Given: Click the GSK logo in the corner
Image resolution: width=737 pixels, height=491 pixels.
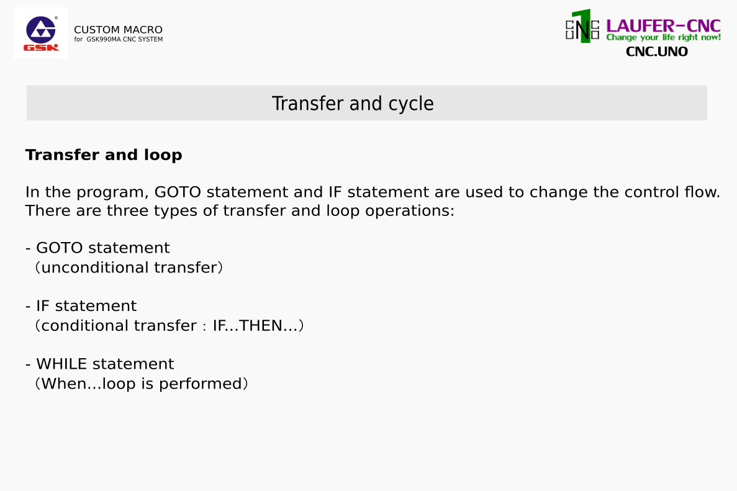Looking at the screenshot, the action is click(41, 33).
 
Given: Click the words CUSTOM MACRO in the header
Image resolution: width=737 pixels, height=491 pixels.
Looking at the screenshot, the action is click(118, 30).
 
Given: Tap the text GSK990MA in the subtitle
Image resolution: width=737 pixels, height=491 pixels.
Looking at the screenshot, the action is click(104, 40).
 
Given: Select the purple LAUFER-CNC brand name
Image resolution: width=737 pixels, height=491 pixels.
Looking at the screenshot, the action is click(663, 26).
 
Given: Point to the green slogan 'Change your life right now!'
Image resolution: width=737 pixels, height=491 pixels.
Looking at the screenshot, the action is click(663, 38).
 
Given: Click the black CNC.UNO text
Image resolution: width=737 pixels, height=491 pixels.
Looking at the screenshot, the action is click(657, 52).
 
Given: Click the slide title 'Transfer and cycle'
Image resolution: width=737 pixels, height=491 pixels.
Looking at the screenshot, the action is click(353, 104).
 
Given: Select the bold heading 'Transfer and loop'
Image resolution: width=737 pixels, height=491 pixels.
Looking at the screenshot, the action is click(104, 155).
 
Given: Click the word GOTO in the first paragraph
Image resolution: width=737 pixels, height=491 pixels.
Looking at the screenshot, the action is click(178, 192).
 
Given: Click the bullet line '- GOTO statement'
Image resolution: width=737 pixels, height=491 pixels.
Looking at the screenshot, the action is click(97, 248).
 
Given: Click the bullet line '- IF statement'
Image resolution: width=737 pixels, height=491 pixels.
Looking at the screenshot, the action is click(81, 306).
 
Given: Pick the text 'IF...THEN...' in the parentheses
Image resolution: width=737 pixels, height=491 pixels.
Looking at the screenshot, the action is click(255, 326).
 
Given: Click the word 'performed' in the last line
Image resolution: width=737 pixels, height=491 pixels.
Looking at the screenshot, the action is click(200, 384).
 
